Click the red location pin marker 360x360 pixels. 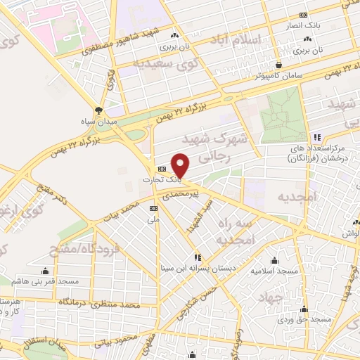(x=181, y=165)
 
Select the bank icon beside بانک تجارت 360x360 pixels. (x=162, y=169)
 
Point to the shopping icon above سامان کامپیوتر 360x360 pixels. (x=280, y=64)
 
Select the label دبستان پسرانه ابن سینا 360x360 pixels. (x=199, y=268)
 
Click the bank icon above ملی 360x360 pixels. (x=154, y=208)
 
